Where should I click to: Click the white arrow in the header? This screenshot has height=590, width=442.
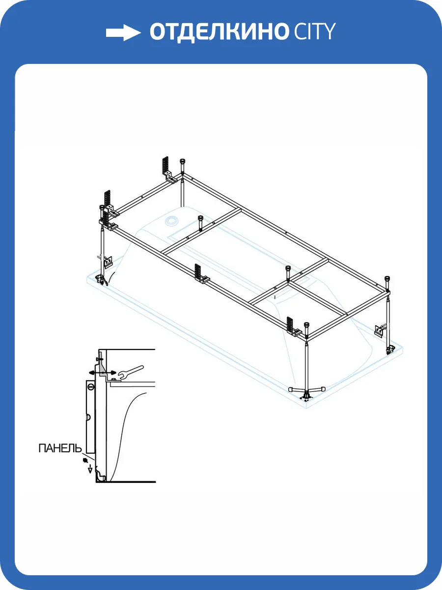(123, 32)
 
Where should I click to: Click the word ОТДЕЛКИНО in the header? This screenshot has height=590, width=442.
(219, 32)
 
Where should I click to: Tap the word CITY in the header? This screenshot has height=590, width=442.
(314, 31)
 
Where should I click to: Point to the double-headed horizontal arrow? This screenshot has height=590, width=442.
(103, 373)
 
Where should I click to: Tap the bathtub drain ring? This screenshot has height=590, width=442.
(172, 221)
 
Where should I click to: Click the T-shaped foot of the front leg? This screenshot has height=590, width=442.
(306, 391)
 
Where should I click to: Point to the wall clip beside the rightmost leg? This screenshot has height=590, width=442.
(380, 330)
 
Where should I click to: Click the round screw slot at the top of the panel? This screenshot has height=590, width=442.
(91, 387)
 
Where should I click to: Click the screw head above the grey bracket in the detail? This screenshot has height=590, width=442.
(99, 359)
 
